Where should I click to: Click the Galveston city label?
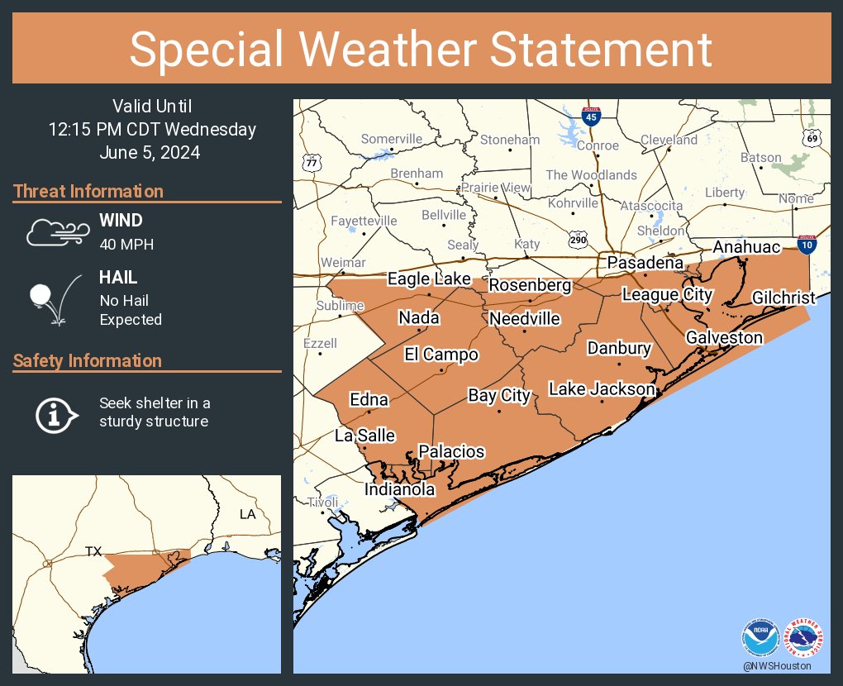pos(724,337)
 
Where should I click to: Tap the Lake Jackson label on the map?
pos(602,388)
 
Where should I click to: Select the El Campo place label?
pos(441,355)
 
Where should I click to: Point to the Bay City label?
pos(498,395)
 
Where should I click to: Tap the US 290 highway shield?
pos(578,240)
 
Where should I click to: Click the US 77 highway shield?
pos(312,161)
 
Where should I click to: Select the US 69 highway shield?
pos(812,138)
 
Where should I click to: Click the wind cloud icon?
pos(56,231)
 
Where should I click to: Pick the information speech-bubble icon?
pos(56,413)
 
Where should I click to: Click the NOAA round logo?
pos(760,637)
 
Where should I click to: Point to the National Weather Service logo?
pos(803,637)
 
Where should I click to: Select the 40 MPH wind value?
pos(126,244)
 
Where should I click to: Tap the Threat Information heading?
pos(88,191)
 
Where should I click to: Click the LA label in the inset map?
pos(248,514)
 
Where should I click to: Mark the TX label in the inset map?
pos(93,550)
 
